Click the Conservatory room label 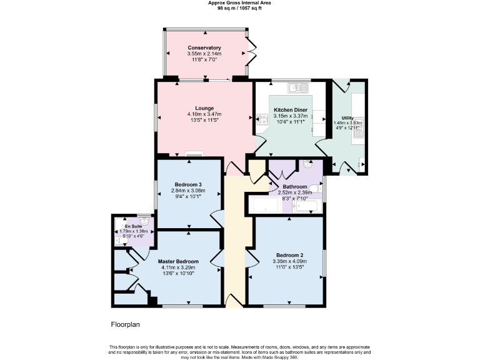tap(204, 48)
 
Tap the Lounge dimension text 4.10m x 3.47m tap(204, 114)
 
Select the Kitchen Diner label tap(291, 110)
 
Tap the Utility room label tap(347, 118)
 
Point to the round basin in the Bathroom tap(307, 164)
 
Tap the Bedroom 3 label tap(188, 184)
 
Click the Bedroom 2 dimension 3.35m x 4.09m tap(289, 261)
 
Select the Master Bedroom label tap(178, 261)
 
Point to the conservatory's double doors tap(251, 53)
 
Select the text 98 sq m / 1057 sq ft tap(239, 9)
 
